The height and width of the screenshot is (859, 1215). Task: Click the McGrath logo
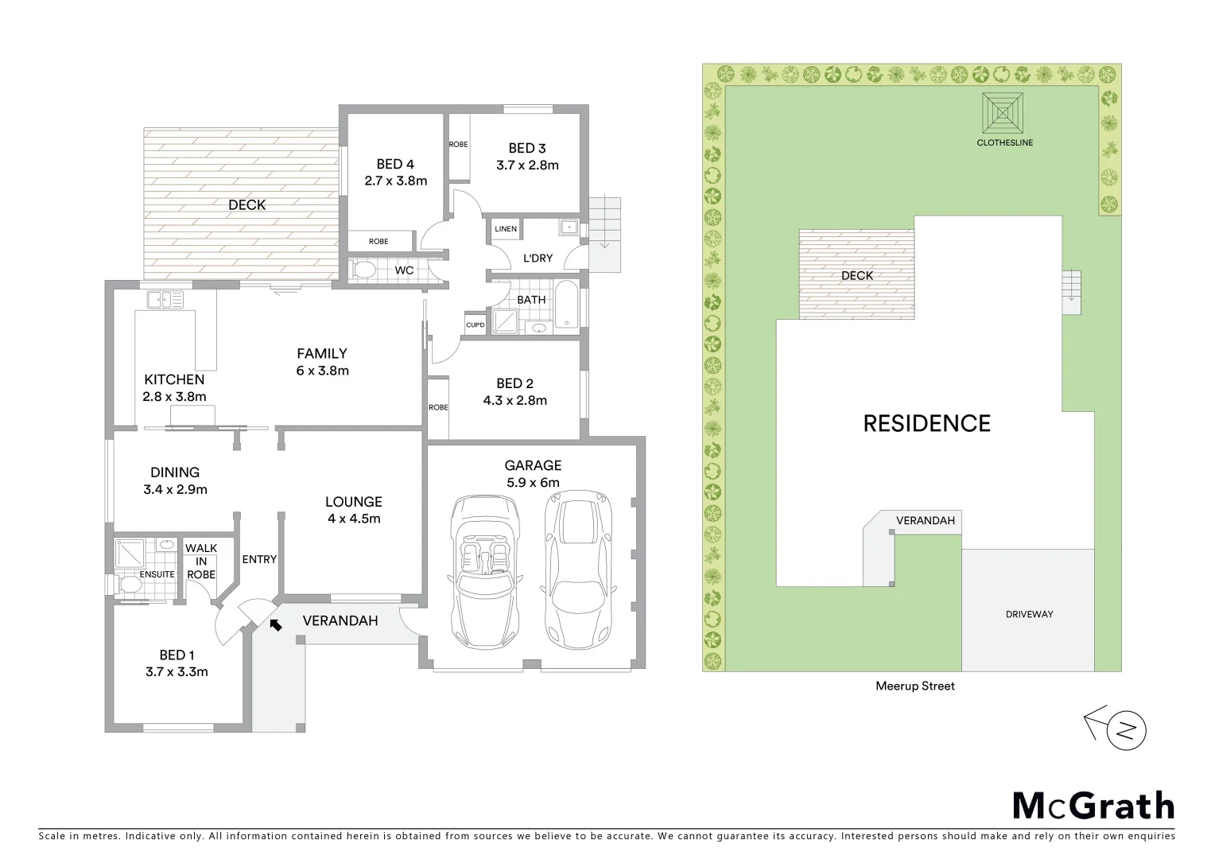coord(1093,806)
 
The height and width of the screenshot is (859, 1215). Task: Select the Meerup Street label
coord(914,686)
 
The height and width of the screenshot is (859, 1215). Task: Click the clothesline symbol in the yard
coord(1003,113)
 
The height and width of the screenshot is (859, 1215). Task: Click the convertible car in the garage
coord(486,571)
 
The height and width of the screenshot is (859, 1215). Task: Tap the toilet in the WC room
coord(363,270)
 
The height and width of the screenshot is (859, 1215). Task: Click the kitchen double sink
coord(165,300)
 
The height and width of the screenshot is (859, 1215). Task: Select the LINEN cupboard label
coord(506,229)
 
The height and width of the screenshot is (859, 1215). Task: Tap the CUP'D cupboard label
coord(476,325)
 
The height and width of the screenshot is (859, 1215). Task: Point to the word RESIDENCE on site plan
coord(926,423)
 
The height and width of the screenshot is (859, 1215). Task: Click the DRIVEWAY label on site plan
coord(1029,614)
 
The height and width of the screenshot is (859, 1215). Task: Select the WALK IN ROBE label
coord(200,562)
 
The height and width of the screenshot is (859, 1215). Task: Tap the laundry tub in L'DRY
coord(569,227)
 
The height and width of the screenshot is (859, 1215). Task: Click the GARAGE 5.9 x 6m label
coord(533,474)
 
